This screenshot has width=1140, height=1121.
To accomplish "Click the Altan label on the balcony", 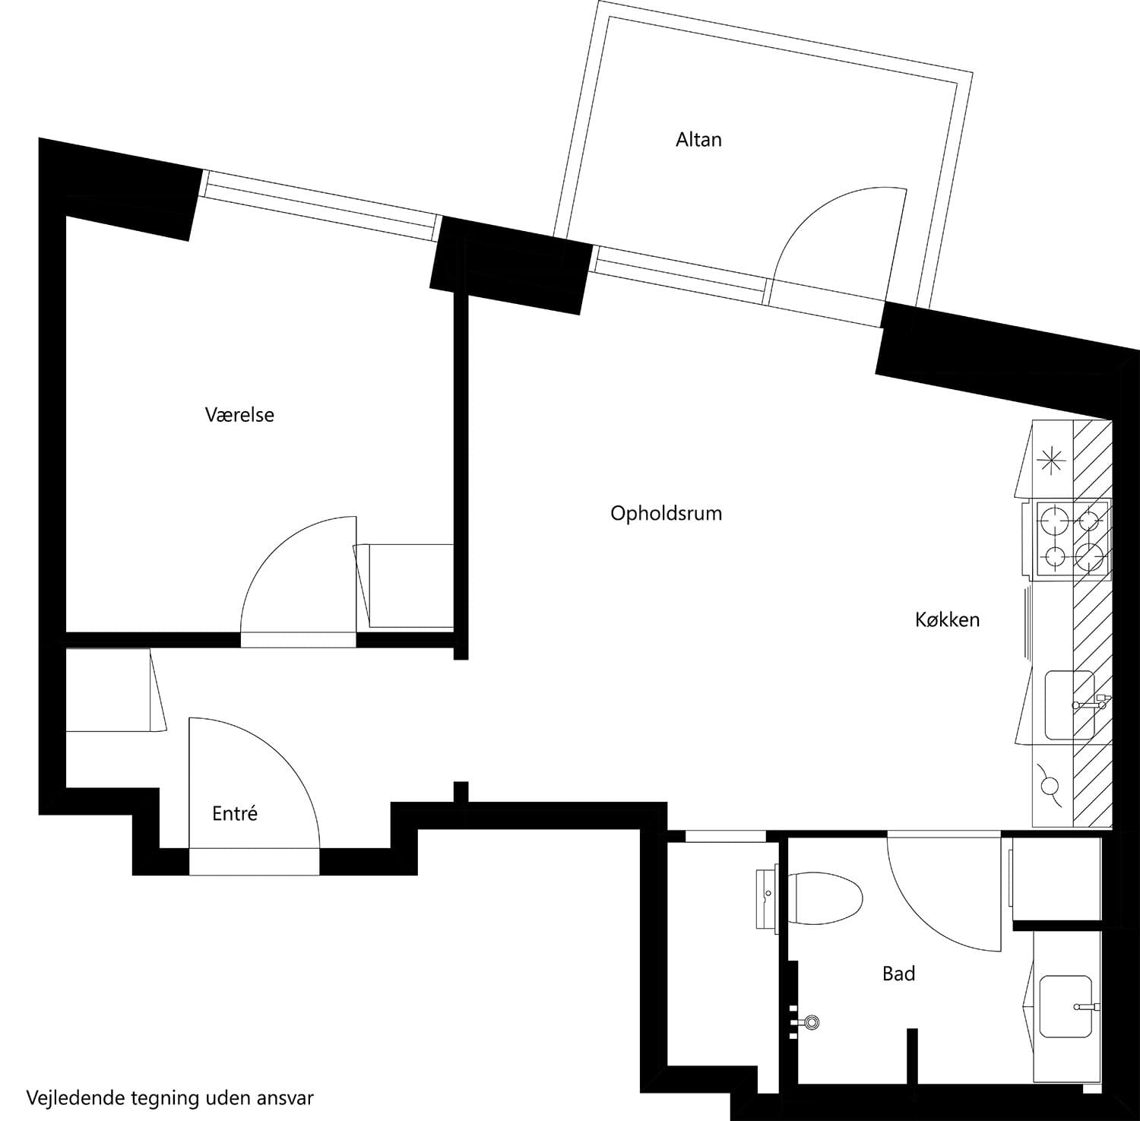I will click(x=698, y=140).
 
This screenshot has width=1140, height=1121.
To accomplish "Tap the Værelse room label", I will click(x=239, y=415).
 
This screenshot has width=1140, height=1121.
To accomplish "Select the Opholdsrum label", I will click(x=666, y=514).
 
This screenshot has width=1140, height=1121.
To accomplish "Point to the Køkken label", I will click(x=947, y=620).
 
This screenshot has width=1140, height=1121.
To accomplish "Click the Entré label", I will click(x=235, y=814).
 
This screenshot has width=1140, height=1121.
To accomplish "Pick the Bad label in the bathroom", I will click(x=898, y=974).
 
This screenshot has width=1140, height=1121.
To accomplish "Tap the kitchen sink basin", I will click(x=1069, y=705).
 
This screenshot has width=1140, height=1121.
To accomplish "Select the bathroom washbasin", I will click(x=1069, y=1007).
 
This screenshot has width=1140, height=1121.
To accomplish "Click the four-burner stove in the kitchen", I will click(x=1072, y=538).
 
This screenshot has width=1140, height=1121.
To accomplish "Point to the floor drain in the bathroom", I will click(x=812, y=1022).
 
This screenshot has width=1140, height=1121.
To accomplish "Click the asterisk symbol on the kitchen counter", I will click(x=1050, y=460).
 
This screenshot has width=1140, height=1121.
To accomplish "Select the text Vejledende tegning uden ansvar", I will click(x=170, y=1098).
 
